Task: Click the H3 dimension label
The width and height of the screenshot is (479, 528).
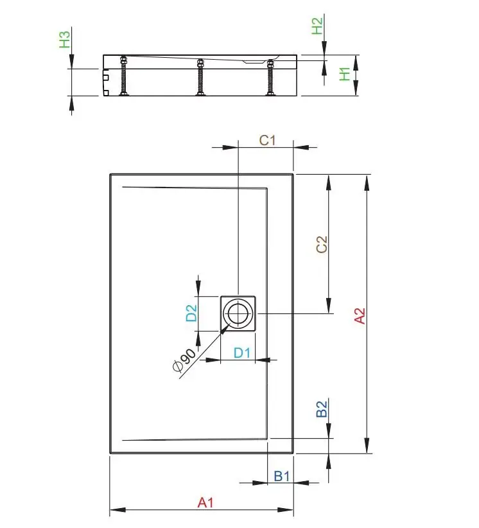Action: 65,39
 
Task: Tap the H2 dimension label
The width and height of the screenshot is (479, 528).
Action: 317,26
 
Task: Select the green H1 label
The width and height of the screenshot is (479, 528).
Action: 345,74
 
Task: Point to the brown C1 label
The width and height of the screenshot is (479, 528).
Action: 268,141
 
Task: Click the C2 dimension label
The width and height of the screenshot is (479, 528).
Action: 322,245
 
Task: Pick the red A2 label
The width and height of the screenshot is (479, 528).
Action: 360,316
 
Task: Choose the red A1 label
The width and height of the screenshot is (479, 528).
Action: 205,502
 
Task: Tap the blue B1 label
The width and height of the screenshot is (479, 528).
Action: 282,476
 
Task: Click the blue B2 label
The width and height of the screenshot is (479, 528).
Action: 322,409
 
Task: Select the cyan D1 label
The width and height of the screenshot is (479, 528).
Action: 242,353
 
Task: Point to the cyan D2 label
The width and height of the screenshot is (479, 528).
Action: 191,313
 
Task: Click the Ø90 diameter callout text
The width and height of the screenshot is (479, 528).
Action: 184,360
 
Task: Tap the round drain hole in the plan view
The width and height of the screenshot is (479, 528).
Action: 238,313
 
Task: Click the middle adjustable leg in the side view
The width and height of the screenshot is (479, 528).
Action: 200,77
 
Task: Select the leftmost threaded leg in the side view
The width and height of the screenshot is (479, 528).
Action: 123,76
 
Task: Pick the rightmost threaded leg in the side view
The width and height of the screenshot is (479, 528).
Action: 270,78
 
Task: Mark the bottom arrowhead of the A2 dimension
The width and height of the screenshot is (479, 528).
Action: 367,446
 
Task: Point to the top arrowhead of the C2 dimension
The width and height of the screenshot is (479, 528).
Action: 329,182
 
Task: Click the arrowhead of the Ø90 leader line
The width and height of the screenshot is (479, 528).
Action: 225,328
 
